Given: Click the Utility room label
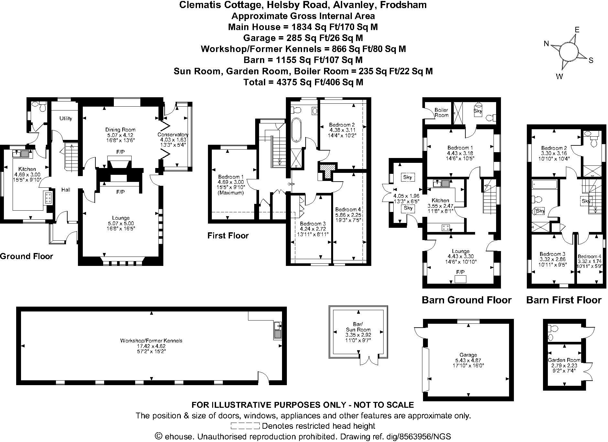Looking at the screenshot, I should click(x=66, y=119).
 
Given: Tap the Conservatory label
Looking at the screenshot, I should click(x=173, y=135).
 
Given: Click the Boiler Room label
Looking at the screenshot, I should click(x=441, y=112).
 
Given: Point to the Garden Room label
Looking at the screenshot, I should click(x=564, y=360).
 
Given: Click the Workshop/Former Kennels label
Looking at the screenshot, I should click(x=151, y=341).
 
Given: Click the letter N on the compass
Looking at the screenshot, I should click(x=546, y=44).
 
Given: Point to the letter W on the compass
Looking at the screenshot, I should click(x=559, y=76).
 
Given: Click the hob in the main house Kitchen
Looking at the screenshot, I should click(x=48, y=198).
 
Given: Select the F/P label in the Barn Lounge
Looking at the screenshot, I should click(x=460, y=272).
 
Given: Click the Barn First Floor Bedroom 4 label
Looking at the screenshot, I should click(x=590, y=257).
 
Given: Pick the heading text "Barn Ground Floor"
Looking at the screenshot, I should click(x=466, y=300).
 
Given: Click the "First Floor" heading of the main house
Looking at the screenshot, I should click(x=228, y=236).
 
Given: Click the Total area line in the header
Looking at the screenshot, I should click(x=303, y=82).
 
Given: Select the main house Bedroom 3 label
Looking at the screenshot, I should click(x=313, y=224).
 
